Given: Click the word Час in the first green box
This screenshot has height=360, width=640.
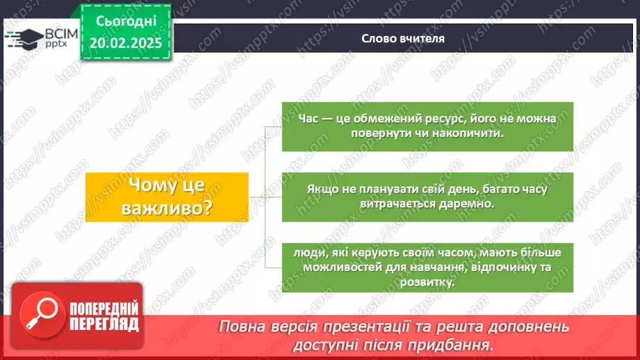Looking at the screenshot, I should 309,119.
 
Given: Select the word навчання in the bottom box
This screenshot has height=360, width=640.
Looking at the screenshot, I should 431,268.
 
